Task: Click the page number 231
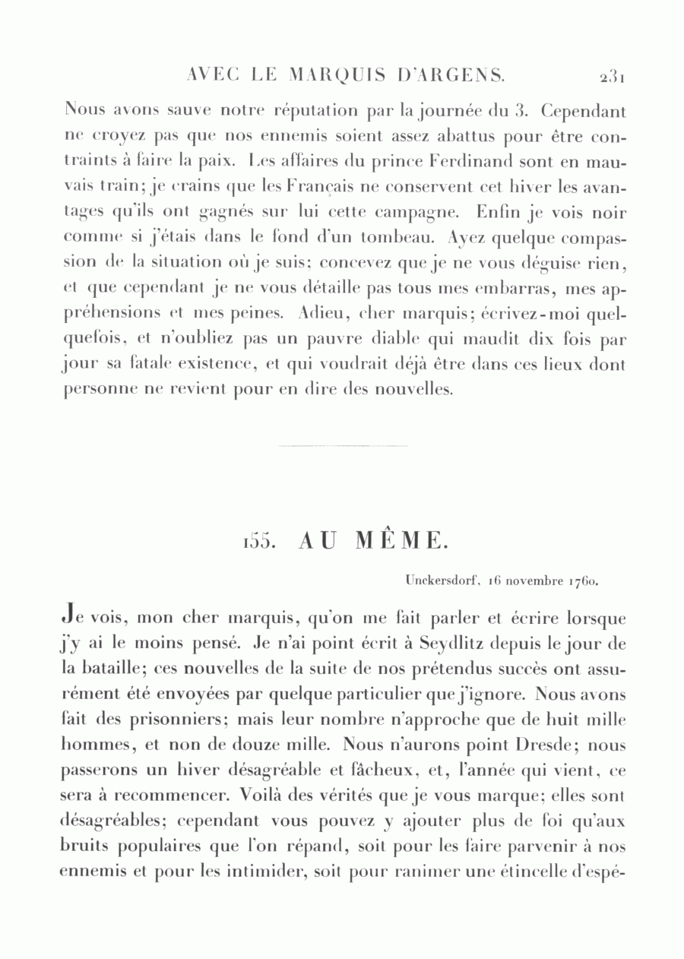click(x=611, y=76)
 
